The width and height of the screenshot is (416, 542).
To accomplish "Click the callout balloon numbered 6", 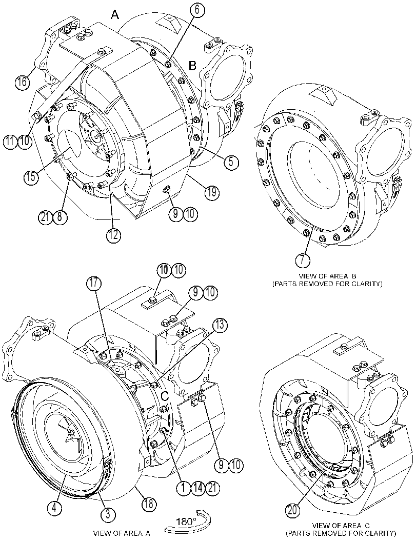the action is pos(197,10).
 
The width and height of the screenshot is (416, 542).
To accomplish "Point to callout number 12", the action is pos(113,235).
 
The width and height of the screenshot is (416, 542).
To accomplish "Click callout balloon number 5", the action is pos(231,162).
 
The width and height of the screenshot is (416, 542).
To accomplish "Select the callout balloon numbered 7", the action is pos(303,260).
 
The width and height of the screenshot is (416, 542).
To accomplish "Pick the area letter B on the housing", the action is pos(192,65).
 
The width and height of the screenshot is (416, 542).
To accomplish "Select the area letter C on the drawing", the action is pos(165,395).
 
